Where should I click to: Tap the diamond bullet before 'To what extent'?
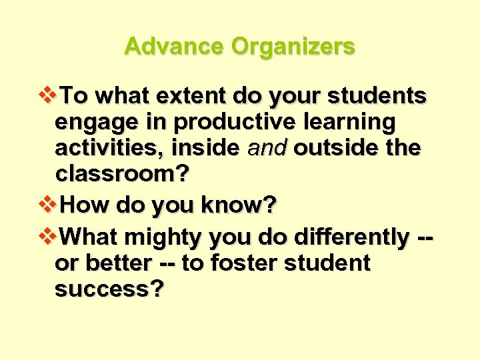point(49,96)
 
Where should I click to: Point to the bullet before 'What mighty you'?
point(49,235)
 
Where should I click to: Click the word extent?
point(192,97)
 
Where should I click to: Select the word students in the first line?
point(377,97)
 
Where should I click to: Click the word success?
point(109,289)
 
